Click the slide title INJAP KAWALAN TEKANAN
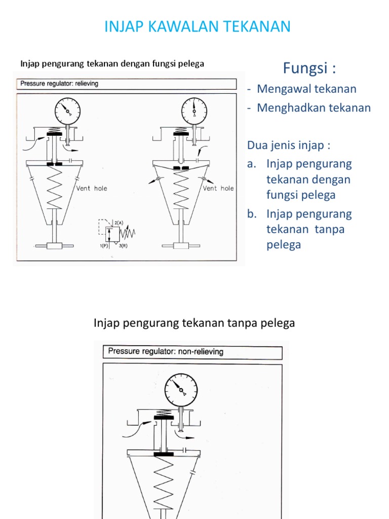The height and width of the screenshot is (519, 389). point(198,26)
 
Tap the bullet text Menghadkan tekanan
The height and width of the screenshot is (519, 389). point(314,108)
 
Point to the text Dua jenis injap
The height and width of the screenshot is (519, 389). point(288,145)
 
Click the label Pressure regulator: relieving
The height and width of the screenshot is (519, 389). point(59,84)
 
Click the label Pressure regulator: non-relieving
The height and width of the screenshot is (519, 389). point(166,351)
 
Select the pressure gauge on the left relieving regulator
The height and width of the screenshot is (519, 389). point(67,111)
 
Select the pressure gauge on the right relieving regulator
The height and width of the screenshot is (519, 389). point(194,111)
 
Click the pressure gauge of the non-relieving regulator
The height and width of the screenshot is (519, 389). point(181,389)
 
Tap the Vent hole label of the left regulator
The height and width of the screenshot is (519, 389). point(92,188)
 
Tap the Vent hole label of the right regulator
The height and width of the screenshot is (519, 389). point(218,188)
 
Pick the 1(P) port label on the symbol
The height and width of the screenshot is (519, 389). point(104,246)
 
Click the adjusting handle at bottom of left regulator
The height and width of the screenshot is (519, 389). point(54,246)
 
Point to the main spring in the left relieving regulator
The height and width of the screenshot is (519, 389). point(54,188)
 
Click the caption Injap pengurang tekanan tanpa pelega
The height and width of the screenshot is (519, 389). point(194,323)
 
